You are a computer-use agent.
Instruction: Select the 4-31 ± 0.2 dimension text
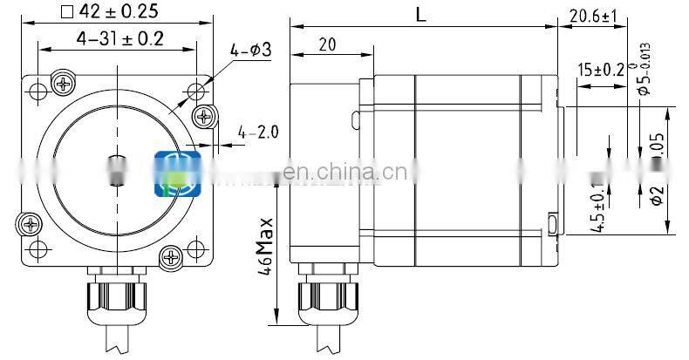tap(120, 38)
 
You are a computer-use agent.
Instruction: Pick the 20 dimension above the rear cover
tap(328, 44)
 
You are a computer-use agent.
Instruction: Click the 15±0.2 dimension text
tap(600, 70)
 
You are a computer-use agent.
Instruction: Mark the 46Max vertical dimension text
tap(267, 248)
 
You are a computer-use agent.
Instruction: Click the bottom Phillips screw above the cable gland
tap(171, 255)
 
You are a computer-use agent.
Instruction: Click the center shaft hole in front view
tap(117, 167)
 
